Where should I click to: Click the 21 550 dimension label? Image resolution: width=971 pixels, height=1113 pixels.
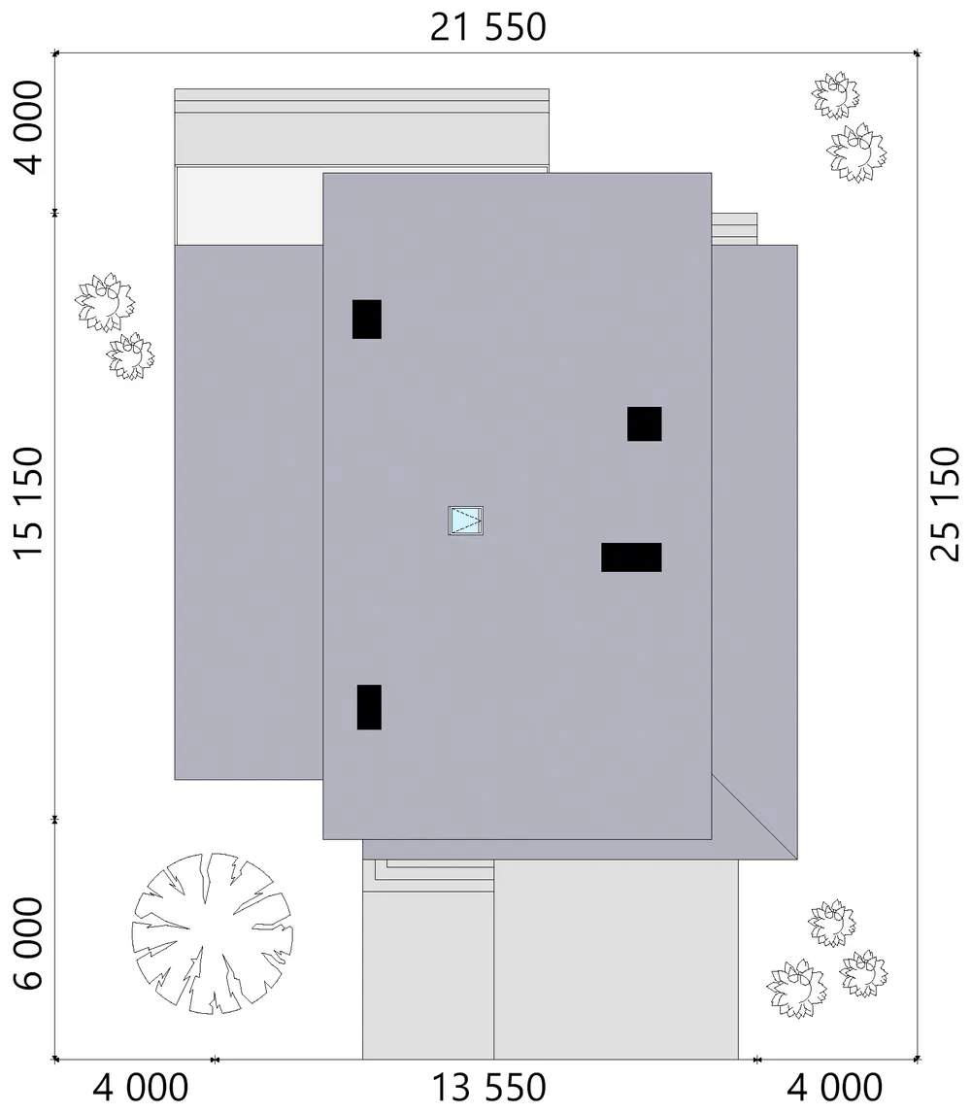click(x=488, y=28)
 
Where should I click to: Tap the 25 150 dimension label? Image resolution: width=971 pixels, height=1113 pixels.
click(x=945, y=504)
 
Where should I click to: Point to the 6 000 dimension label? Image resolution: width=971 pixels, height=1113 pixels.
click(x=29, y=943)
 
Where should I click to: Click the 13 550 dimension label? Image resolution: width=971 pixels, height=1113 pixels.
click(x=489, y=1088)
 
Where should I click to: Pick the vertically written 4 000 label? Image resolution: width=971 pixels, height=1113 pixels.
click(x=29, y=128)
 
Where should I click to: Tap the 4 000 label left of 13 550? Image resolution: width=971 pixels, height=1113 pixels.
click(x=141, y=1088)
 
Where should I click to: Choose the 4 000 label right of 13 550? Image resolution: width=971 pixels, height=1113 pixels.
click(x=835, y=1088)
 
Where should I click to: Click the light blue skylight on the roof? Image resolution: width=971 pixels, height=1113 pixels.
click(x=466, y=521)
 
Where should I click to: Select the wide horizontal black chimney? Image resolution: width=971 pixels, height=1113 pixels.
click(x=632, y=557)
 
